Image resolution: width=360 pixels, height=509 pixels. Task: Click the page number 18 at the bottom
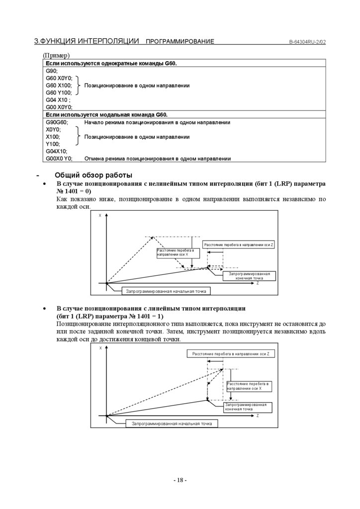click(180, 480)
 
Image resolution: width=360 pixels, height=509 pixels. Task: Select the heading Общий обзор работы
click(93, 175)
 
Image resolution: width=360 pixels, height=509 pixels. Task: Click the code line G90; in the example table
click(52, 71)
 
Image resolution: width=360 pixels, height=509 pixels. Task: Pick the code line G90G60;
click(57, 122)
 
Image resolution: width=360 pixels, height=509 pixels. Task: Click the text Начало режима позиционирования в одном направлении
click(157, 122)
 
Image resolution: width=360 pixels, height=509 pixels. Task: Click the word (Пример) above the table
click(56, 56)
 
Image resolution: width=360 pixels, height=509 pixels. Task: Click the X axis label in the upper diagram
click(100, 216)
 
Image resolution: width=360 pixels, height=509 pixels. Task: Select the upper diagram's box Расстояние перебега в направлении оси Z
click(240, 245)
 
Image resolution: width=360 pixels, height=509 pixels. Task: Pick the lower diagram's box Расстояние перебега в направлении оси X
click(248, 387)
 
